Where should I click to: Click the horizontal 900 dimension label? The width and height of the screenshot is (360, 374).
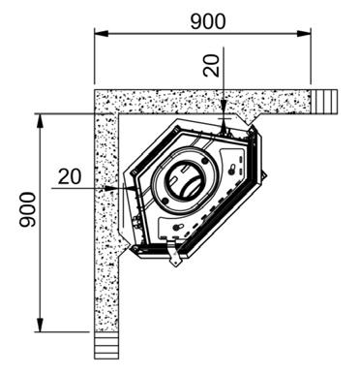(208, 21)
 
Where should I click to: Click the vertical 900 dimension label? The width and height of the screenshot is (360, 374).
(27, 209)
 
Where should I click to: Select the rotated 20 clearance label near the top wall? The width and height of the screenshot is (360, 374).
(211, 66)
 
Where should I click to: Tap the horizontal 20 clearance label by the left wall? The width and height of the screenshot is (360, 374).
(70, 176)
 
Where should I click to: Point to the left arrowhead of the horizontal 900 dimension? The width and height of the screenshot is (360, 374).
(101, 33)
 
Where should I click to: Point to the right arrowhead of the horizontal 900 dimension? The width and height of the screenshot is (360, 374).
(304, 33)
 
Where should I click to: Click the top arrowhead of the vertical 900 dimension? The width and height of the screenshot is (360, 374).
(40, 120)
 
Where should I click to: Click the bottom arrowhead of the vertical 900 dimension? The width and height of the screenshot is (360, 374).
(40, 325)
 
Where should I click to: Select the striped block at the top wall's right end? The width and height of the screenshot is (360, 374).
(323, 102)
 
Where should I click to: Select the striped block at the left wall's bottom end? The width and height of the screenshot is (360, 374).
(106, 346)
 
